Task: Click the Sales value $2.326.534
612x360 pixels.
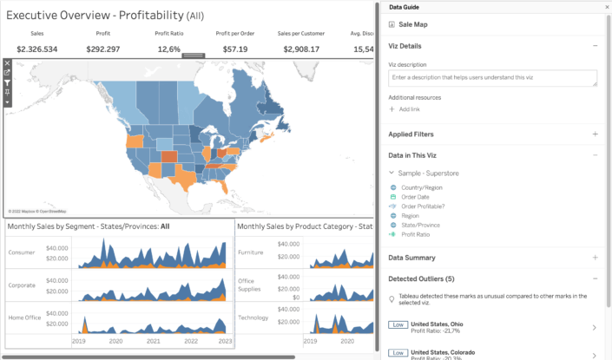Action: (36, 49)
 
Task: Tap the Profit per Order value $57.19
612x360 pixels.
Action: (235, 49)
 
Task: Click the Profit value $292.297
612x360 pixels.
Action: (103, 49)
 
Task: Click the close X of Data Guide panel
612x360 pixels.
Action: (606, 7)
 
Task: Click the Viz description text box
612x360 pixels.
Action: (492, 79)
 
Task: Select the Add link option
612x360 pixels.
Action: (409, 109)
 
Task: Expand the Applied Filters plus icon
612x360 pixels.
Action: (595, 134)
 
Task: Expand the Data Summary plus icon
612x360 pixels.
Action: (595, 258)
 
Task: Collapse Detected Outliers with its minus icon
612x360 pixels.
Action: (595, 278)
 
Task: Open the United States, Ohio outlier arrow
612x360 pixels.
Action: (594, 328)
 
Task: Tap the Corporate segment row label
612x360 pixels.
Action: (23, 284)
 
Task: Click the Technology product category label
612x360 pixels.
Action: (253, 317)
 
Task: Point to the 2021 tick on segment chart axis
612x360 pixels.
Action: (152, 343)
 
